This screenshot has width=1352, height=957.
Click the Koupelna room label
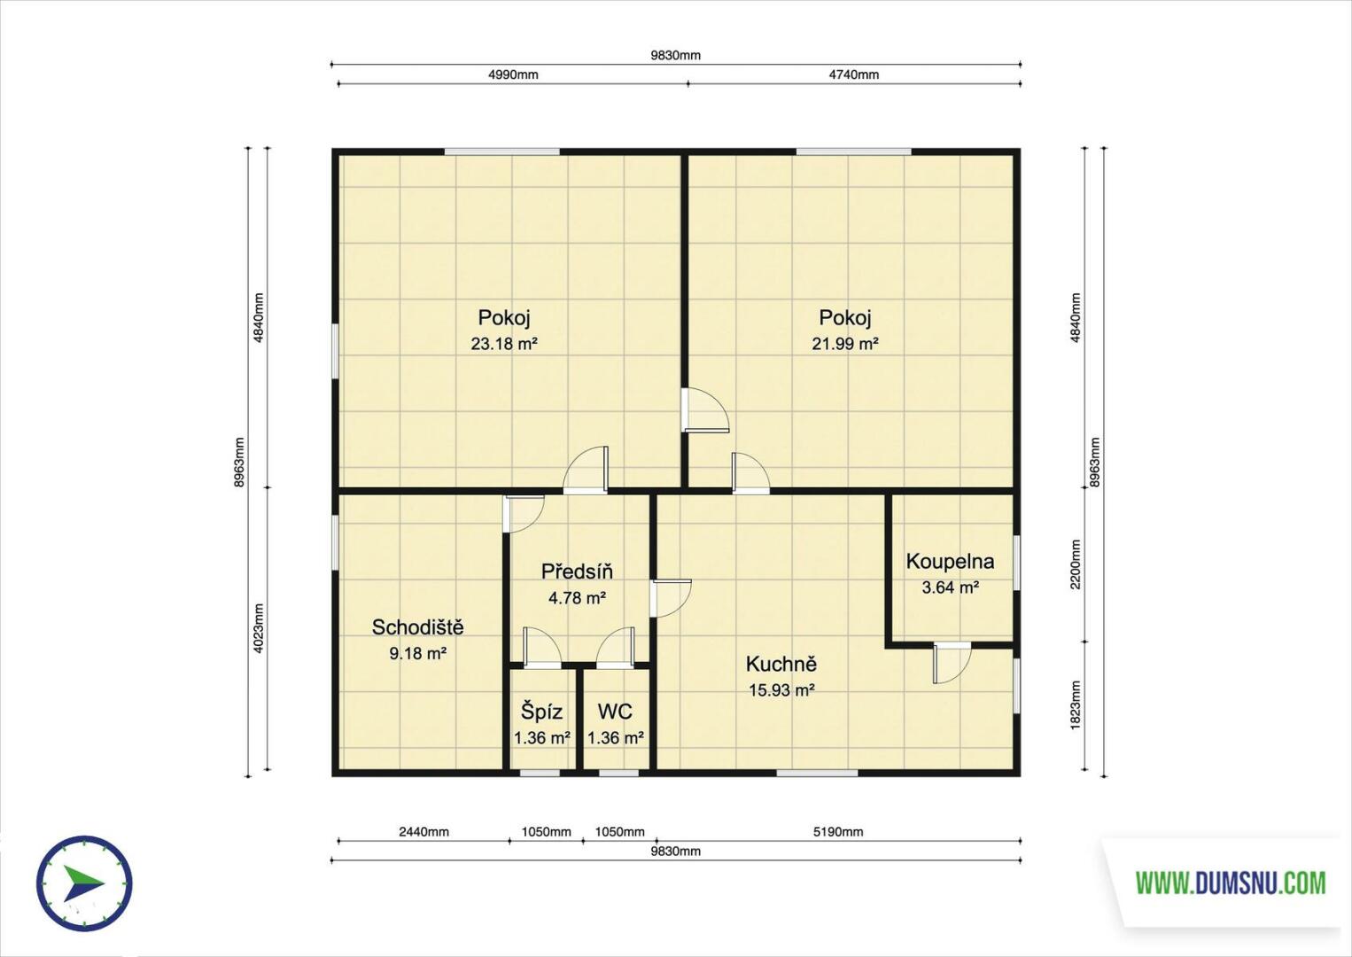(950, 562)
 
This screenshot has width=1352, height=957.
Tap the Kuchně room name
(781, 665)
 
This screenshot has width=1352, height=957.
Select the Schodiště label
(417, 627)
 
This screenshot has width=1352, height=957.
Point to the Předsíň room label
(577, 572)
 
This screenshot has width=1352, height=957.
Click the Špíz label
(542, 712)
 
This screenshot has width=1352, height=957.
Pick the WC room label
(615, 712)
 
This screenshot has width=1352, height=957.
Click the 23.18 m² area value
(504, 344)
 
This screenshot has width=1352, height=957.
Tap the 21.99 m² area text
(845, 344)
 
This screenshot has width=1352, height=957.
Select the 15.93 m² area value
(782, 690)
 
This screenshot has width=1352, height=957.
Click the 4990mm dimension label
(513, 74)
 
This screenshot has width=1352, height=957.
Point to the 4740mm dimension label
(854, 74)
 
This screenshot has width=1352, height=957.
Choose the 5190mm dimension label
(838, 832)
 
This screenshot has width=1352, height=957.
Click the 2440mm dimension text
(423, 832)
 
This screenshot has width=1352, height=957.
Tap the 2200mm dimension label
(1075, 565)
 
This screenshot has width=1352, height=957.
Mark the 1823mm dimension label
(1075, 705)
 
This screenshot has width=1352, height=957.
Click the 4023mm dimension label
(259, 628)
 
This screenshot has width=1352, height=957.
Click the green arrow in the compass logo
(82, 883)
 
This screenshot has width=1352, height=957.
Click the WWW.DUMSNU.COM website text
(1231, 883)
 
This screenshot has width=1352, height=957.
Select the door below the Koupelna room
(952, 662)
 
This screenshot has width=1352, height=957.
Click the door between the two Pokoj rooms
(704, 410)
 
